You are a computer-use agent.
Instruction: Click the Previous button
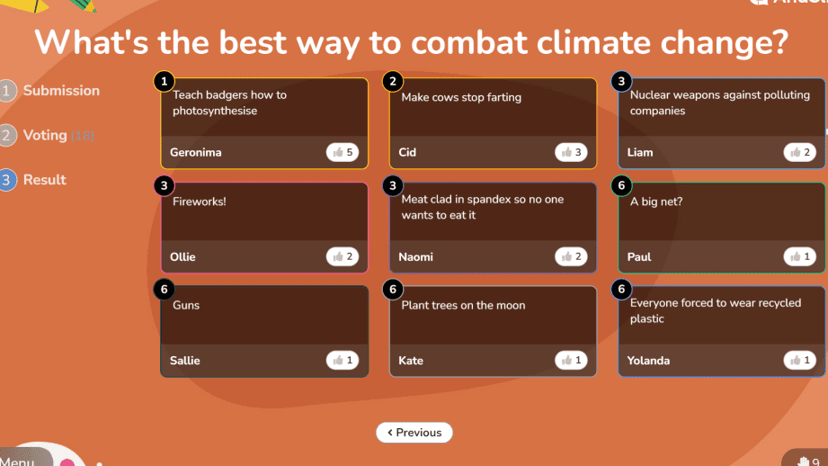pyautogui.click(x=414, y=432)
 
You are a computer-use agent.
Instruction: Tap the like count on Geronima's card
pyautogui.click(x=343, y=152)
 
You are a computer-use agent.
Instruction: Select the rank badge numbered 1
pyautogui.click(x=165, y=81)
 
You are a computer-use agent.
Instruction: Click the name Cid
pyautogui.click(x=407, y=152)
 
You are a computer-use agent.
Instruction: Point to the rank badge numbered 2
pyautogui.click(x=393, y=81)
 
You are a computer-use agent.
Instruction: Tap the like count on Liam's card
pyautogui.click(x=799, y=152)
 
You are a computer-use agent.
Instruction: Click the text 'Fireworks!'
pyautogui.click(x=199, y=202)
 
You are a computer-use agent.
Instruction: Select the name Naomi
pyautogui.click(x=415, y=256)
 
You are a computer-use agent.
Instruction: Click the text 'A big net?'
pyautogui.click(x=656, y=202)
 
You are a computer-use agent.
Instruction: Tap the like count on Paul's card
pyautogui.click(x=799, y=256)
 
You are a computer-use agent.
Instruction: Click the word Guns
pyautogui.click(x=186, y=305)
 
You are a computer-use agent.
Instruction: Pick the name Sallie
pyautogui.click(x=185, y=361)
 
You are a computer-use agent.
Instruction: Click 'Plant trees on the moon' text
pyautogui.click(x=463, y=305)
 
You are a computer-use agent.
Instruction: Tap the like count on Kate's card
pyautogui.click(x=571, y=361)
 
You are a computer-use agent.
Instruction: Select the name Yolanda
pyautogui.click(x=648, y=361)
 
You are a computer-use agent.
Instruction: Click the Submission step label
pyautogui.click(x=61, y=90)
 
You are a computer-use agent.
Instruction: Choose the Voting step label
pyautogui.click(x=45, y=135)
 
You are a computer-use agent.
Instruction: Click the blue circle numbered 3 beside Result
pyautogui.click(x=6, y=180)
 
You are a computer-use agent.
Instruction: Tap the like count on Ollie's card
pyautogui.click(x=343, y=256)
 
